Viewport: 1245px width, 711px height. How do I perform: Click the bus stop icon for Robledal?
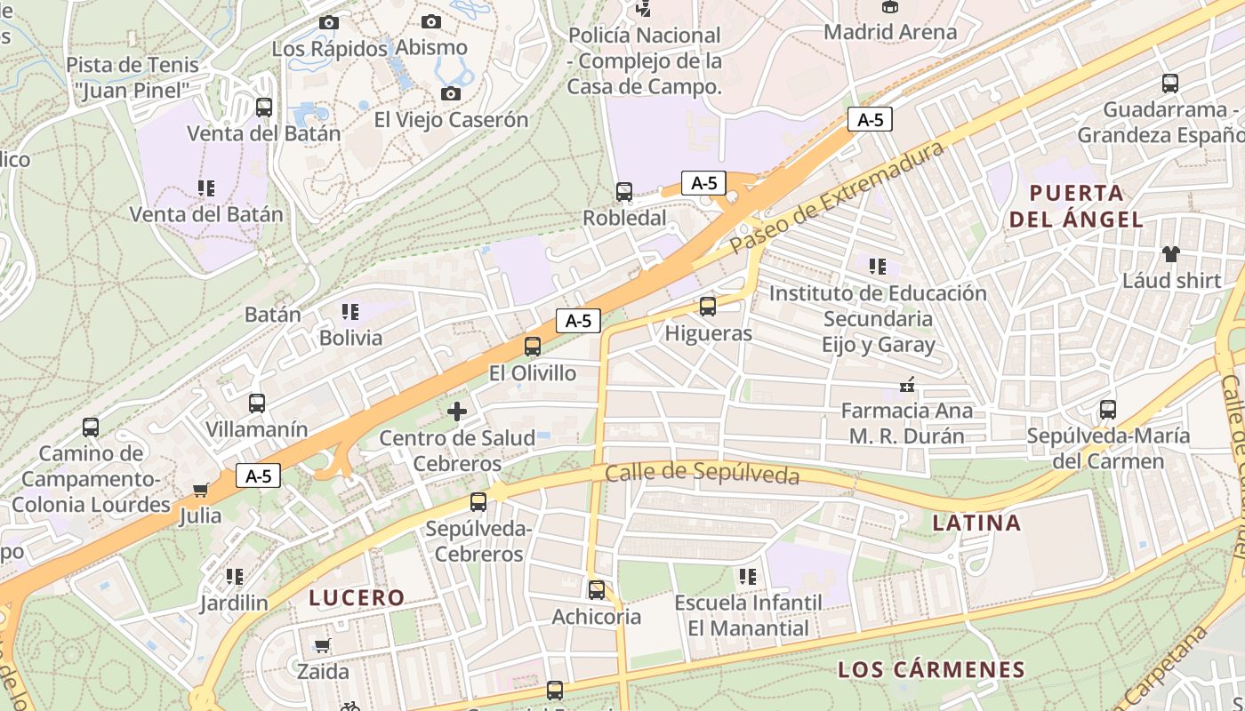pyautogui.click(x=624, y=191)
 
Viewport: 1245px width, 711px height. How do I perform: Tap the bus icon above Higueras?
pyautogui.click(x=708, y=307)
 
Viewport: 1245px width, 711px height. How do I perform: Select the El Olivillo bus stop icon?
pyautogui.click(x=533, y=347)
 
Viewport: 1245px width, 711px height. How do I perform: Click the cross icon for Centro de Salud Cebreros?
pyautogui.click(x=457, y=411)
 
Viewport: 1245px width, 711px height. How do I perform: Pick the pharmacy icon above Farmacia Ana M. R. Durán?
pyautogui.click(x=907, y=385)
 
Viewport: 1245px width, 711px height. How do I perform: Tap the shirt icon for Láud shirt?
pyautogui.click(x=1170, y=254)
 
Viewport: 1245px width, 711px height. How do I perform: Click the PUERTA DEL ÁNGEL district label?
pyautogui.click(x=1076, y=206)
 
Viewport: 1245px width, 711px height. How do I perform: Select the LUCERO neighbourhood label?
pyautogui.click(x=357, y=598)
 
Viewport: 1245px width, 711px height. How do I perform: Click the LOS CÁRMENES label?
pyautogui.click(x=932, y=670)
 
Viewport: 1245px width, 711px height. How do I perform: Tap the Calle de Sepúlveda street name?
pyautogui.click(x=702, y=474)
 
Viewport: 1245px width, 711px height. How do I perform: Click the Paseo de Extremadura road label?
pyautogui.click(x=836, y=198)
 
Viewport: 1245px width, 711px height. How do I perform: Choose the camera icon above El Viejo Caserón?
pyautogui.click(x=451, y=93)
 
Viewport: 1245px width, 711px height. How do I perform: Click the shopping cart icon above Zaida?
pyautogui.click(x=322, y=645)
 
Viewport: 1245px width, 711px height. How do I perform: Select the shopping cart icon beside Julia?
pyautogui.click(x=201, y=490)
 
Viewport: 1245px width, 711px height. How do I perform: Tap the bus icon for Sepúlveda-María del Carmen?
pyautogui.click(x=1108, y=410)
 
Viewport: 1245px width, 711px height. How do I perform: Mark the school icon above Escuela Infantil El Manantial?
pyautogui.click(x=748, y=577)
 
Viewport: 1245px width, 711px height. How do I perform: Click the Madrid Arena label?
pyautogui.click(x=890, y=32)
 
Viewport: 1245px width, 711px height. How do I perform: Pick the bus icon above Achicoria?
pyautogui.click(x=597, y=589)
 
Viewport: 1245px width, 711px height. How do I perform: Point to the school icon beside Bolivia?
pyautogui.click(x=350, y=312)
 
